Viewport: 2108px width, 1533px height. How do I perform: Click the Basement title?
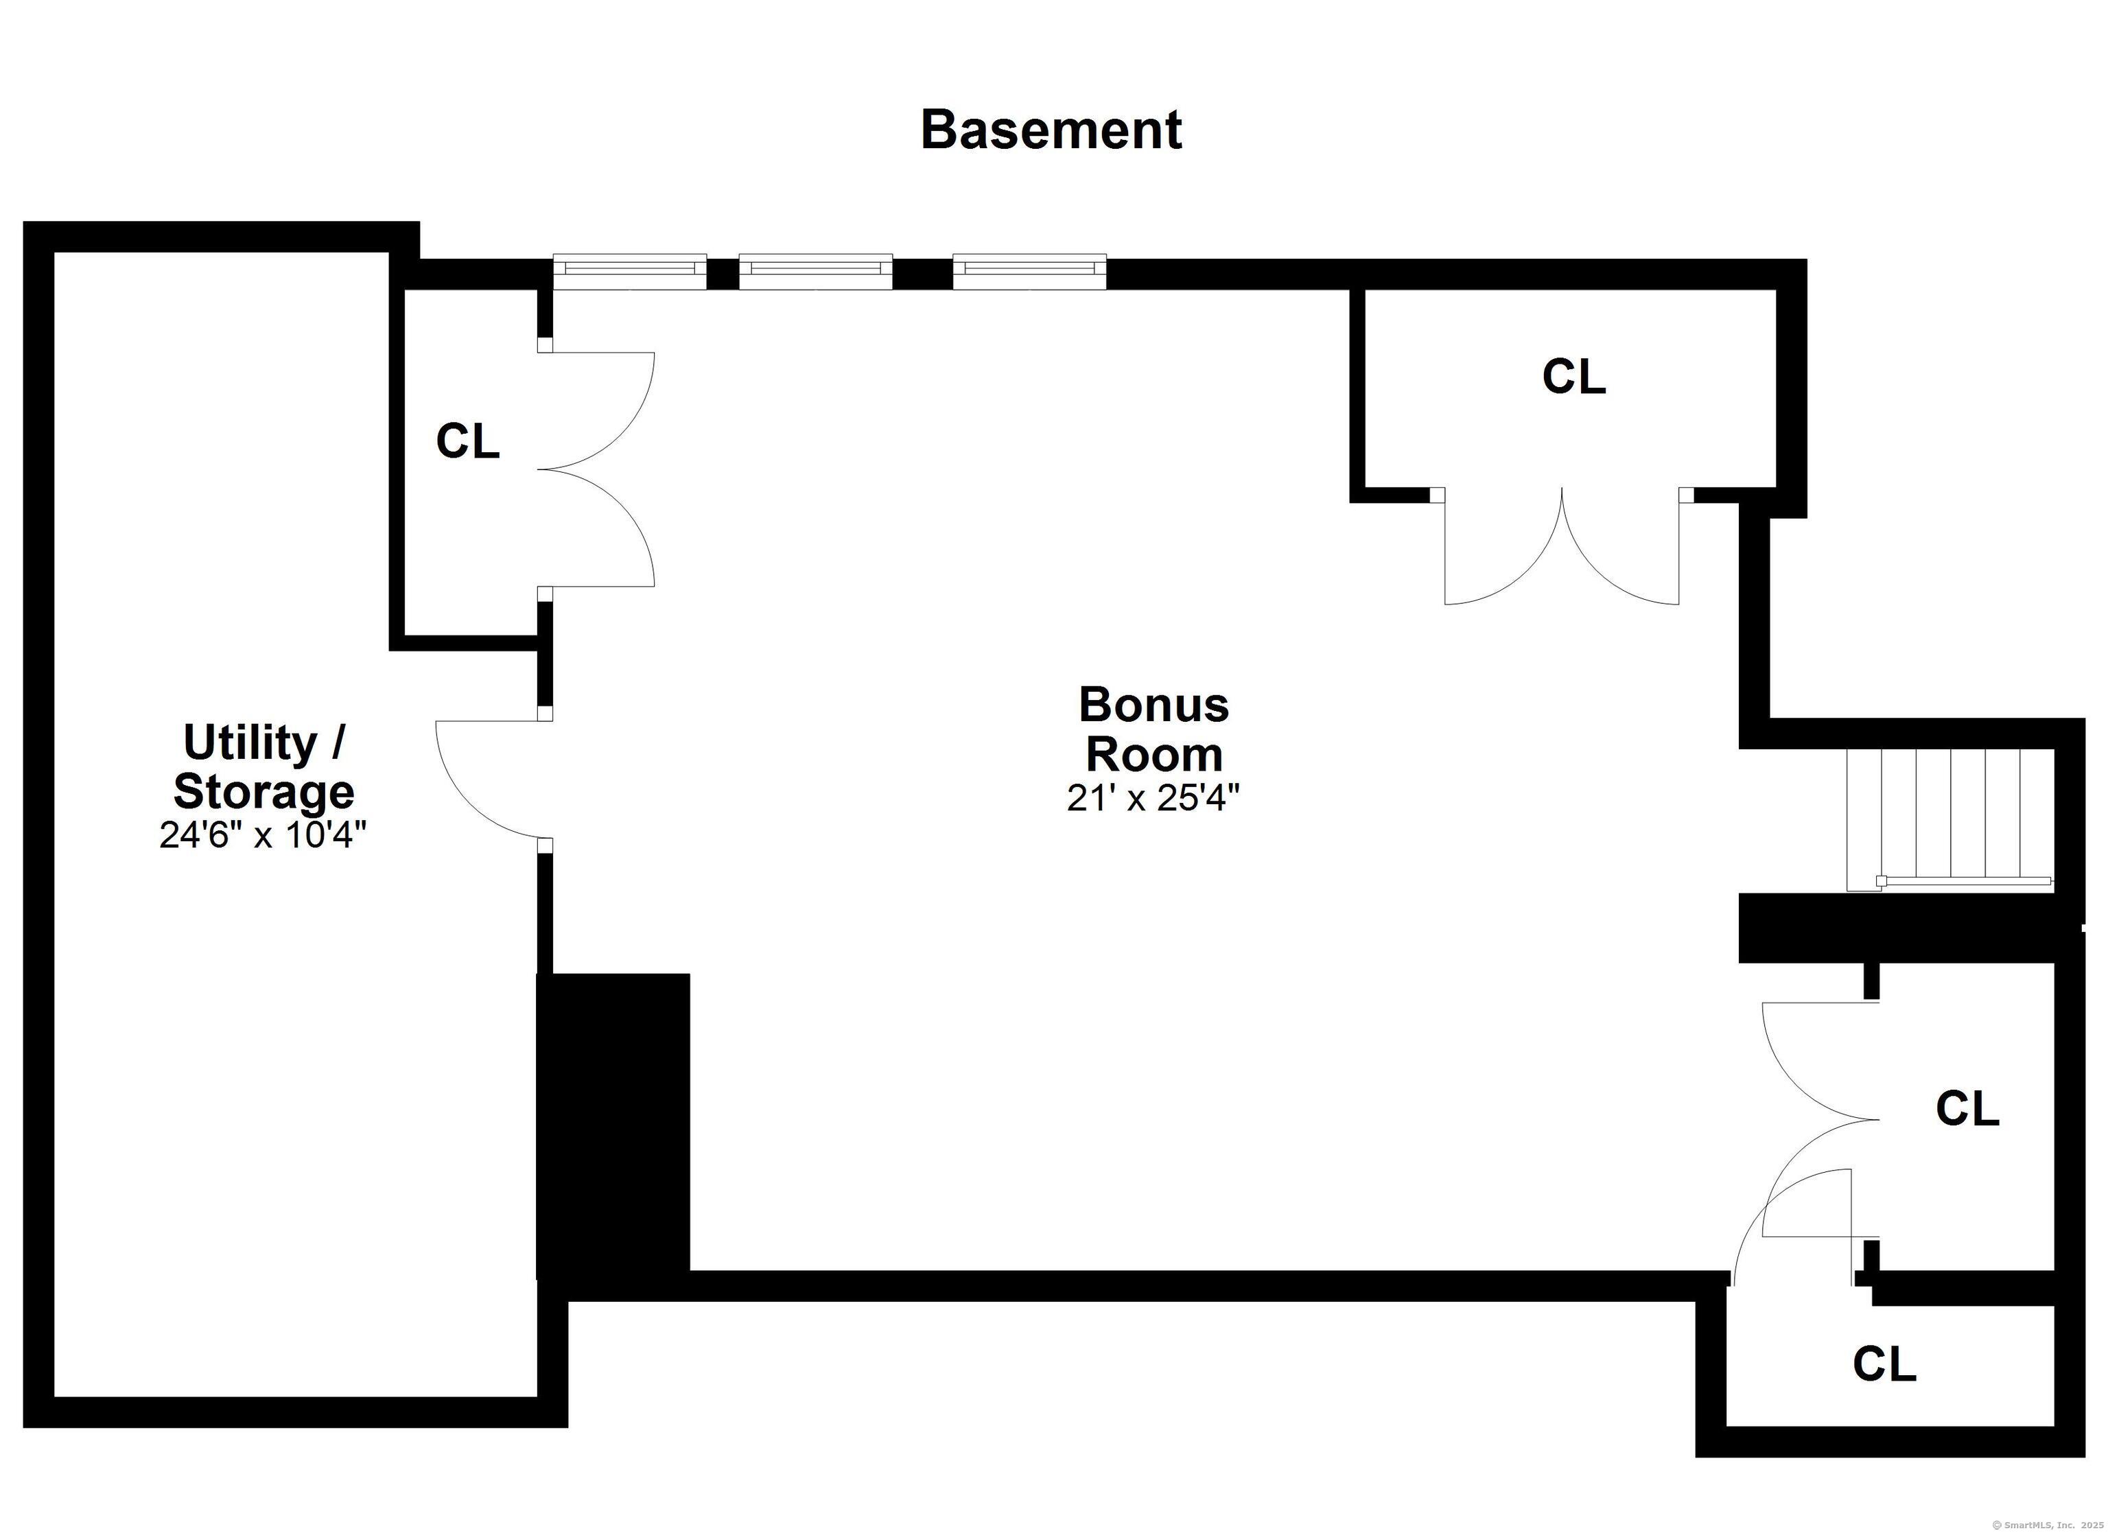tap(1051, 130)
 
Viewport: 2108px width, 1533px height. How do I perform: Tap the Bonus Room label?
tap(1153, 729)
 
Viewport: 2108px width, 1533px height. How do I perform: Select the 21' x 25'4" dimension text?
tap(1153, 797)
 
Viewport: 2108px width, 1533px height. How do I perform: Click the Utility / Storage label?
tap(264, 767)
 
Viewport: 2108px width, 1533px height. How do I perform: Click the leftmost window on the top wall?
tap(629, 270)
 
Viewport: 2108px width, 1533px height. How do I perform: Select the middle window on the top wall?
tap(815, 270)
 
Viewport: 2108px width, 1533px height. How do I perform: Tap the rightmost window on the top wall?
tap(1030, 270)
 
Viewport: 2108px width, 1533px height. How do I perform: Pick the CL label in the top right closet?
tap(1573, 377)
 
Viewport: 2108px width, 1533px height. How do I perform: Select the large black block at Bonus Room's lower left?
tap(613, 1125)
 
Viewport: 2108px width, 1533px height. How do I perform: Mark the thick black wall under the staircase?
tap(1896, 928)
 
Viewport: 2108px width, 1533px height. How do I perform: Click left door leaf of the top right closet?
tap(1506, 558)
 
